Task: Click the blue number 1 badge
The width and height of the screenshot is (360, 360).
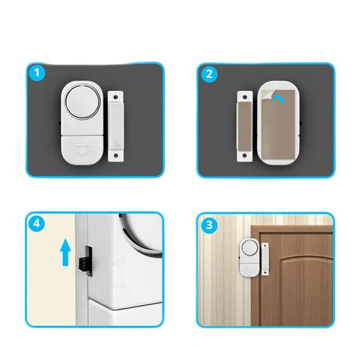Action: tap(37, 73)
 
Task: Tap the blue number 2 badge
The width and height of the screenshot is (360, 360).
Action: tap(209, 74)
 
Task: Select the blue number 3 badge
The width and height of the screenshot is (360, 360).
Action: tap(209, 225)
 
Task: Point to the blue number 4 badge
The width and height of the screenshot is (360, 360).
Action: tap(37, 223)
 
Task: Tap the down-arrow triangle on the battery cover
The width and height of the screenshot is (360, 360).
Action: tap(82, 150)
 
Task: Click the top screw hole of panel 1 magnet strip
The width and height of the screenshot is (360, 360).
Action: tap(116, 97)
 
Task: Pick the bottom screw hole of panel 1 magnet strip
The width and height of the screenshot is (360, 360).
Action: tap(116, 156)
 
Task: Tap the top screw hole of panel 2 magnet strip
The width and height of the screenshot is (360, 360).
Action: tap(245, 97)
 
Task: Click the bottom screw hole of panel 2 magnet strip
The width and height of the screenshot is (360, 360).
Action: tap(245, 155)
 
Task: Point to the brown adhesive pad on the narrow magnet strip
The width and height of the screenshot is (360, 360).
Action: tap(245, 126)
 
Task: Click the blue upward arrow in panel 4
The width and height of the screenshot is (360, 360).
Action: tap(65, 252)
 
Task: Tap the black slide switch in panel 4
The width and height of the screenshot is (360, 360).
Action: tap(85, 263)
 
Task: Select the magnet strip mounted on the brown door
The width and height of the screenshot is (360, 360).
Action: tap(265, 259)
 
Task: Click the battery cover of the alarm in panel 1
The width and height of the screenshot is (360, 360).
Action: tap(82, 150)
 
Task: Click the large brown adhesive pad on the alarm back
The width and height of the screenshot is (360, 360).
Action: tap(278, 124)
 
